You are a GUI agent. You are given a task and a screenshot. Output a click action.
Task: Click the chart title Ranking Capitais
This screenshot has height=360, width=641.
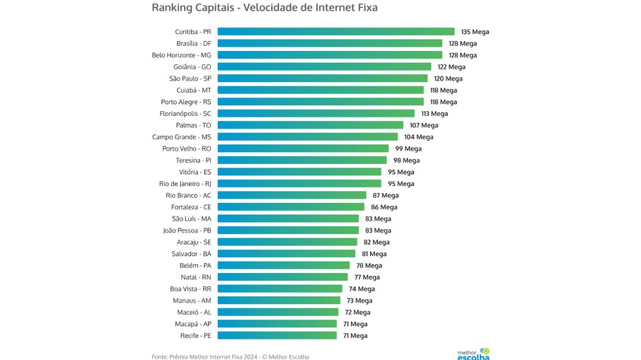[x=265, y=8]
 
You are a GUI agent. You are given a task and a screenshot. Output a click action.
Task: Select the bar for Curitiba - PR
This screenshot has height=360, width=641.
[x=335, y=32]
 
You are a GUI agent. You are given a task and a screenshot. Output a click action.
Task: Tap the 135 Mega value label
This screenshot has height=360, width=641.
[x=475, y=32]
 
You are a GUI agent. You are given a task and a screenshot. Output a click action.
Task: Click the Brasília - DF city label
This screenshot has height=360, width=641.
[x=193, y=43]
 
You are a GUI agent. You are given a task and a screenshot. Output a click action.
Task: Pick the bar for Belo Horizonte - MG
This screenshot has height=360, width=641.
[x=329, y=55]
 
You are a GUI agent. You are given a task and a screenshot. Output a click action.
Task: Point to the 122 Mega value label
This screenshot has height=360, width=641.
[x=451, y=66]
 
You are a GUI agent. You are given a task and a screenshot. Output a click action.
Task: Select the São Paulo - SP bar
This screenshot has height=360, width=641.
[x=322, y=79]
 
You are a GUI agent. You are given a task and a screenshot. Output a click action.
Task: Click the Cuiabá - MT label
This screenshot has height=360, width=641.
[x=194, y=90]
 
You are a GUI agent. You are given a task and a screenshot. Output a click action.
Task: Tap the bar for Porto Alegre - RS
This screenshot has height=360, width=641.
[x=320, y=102]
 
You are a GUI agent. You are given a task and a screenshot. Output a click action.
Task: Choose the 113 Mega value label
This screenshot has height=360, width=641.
[x=434, y=113]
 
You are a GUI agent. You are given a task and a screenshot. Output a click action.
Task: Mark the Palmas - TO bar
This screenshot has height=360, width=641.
[x=310, y=125]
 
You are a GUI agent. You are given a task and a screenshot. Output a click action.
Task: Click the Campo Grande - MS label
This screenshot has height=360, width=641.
[x=181, y=137]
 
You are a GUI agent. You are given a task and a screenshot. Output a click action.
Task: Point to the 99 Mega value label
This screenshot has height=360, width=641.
[x=408, y=149]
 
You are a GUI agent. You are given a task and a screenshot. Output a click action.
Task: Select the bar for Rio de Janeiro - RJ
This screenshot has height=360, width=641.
[x=299, y=183]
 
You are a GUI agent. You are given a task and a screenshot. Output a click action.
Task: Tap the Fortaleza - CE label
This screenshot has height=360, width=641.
[x=191, y=207]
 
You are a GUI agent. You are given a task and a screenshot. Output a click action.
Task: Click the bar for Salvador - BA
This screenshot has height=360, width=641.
[x=286, y=253]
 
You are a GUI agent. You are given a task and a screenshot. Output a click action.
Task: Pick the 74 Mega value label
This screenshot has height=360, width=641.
[x=362, y=289]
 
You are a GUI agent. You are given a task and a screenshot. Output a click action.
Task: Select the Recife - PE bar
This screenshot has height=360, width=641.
[x=277, y=335]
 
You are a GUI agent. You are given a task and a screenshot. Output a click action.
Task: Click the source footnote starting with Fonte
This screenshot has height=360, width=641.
[x=230, y=356]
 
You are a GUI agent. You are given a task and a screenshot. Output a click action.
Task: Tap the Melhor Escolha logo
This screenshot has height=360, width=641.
[x=473, y=353]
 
